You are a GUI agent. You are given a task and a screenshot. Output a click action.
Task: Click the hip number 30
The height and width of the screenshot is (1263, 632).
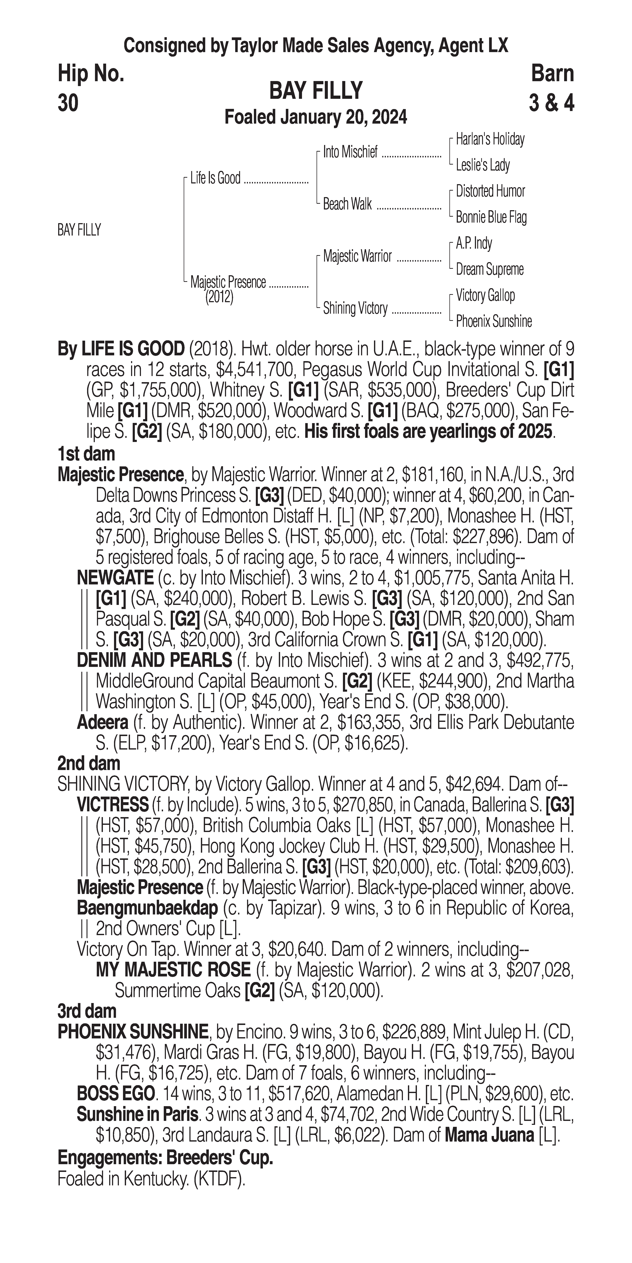[x=68, y=103]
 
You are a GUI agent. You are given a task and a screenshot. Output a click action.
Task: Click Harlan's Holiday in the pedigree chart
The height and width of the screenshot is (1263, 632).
[x=490, y=139]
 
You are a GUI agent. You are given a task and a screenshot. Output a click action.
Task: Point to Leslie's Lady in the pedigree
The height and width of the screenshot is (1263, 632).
[x=483, y=165]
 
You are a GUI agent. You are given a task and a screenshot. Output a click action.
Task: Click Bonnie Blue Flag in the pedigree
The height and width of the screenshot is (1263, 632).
[x=491, y=217]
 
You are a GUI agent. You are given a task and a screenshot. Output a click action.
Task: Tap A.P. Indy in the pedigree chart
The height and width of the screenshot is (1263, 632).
[x=474, y=243]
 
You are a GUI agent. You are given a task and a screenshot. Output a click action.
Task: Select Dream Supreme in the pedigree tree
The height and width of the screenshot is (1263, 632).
[x=489, y=269]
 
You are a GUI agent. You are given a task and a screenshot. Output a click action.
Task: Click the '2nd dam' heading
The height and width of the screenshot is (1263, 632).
[x=89, y=763]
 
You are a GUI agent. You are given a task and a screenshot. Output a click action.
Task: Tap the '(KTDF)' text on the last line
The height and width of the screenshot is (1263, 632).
[x=219, y=1179]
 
